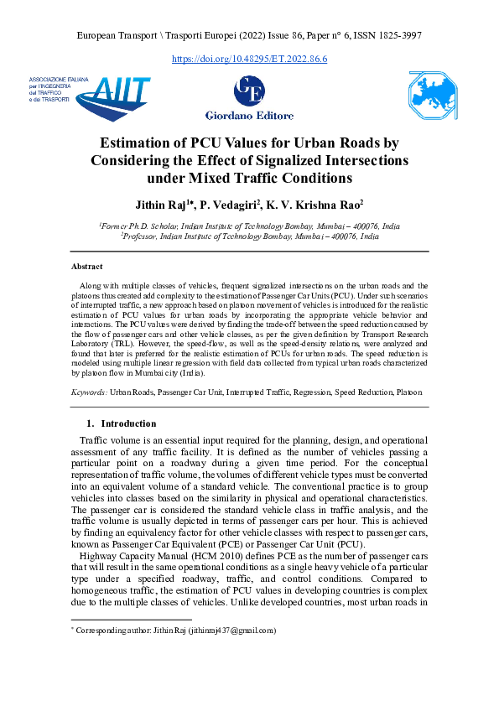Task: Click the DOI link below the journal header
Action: (249, 59)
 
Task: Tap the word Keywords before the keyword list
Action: (88, 392)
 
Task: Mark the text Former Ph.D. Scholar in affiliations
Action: (139, 226)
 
